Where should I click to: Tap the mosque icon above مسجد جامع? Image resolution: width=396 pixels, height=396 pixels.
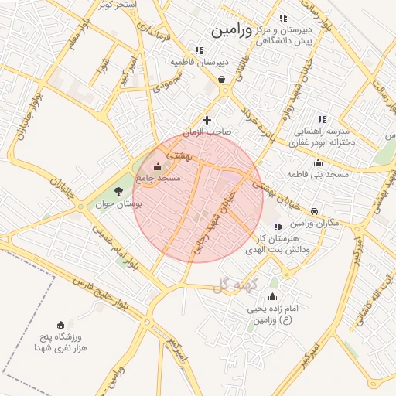point(159,166)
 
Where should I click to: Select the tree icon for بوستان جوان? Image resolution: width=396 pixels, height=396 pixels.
point(118,191)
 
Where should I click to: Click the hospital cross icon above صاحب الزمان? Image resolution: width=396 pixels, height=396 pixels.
point(207,120)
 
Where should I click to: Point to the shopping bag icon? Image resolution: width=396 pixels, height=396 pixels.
point(222,79)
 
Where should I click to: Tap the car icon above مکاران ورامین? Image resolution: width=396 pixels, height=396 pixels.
point(314,211)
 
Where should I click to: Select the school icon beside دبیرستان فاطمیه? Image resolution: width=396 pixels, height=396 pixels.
point(199,50)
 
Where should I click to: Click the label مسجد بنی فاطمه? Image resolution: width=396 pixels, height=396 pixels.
point(319,175)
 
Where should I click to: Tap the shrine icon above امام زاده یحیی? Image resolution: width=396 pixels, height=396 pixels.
point(271,297)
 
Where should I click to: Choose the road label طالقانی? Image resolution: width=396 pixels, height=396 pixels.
point(252,70)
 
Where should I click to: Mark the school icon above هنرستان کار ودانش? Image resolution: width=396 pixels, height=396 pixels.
point(278,227)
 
